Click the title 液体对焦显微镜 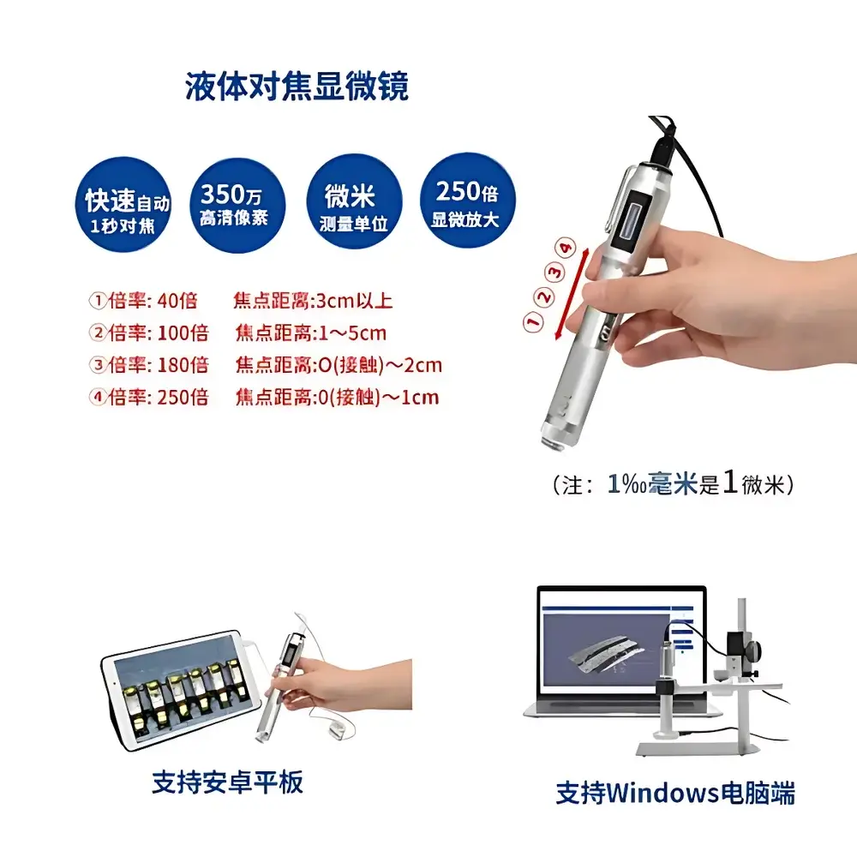click(297, 86)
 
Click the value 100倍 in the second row click(183, 333)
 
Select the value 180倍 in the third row click(183, 365)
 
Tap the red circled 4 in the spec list click(98, 398)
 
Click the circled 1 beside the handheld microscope click(532, 322)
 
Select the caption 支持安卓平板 click(227, 782)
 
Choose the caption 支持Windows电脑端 click(675, 793)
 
